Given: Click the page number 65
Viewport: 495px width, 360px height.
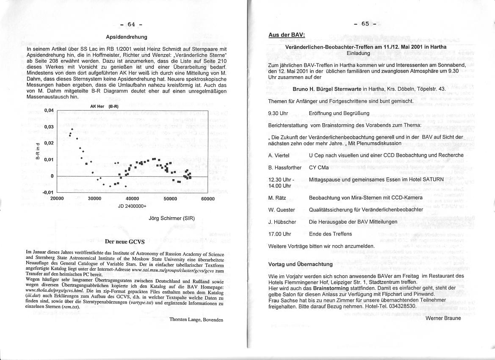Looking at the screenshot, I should (x=365, y=24).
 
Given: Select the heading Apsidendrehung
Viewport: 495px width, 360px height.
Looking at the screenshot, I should (x=127, y=37).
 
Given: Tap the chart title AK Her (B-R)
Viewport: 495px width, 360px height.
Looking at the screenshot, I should (x=104, y=106).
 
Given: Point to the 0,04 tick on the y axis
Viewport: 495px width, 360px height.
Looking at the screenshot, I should (x=50, y=111).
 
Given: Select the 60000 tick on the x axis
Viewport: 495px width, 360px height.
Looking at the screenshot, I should (x=207, y=199).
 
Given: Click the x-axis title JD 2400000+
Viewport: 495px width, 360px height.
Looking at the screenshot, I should (x=132, y=206).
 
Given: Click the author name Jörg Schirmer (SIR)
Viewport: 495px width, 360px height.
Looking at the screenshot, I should (x=172, y=219).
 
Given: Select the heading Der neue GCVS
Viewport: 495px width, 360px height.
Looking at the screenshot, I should (x=124, y=242).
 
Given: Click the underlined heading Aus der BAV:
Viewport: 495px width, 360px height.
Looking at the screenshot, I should (x=287, y=35).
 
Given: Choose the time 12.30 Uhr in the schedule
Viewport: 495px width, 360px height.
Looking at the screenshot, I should (x=281, y=180).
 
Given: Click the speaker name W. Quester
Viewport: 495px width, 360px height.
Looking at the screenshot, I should (x=282, y=210).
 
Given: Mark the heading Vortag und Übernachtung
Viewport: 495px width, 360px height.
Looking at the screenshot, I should (x=300, y=264).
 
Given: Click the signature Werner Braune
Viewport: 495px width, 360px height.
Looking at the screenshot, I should (x=443, y=318).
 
